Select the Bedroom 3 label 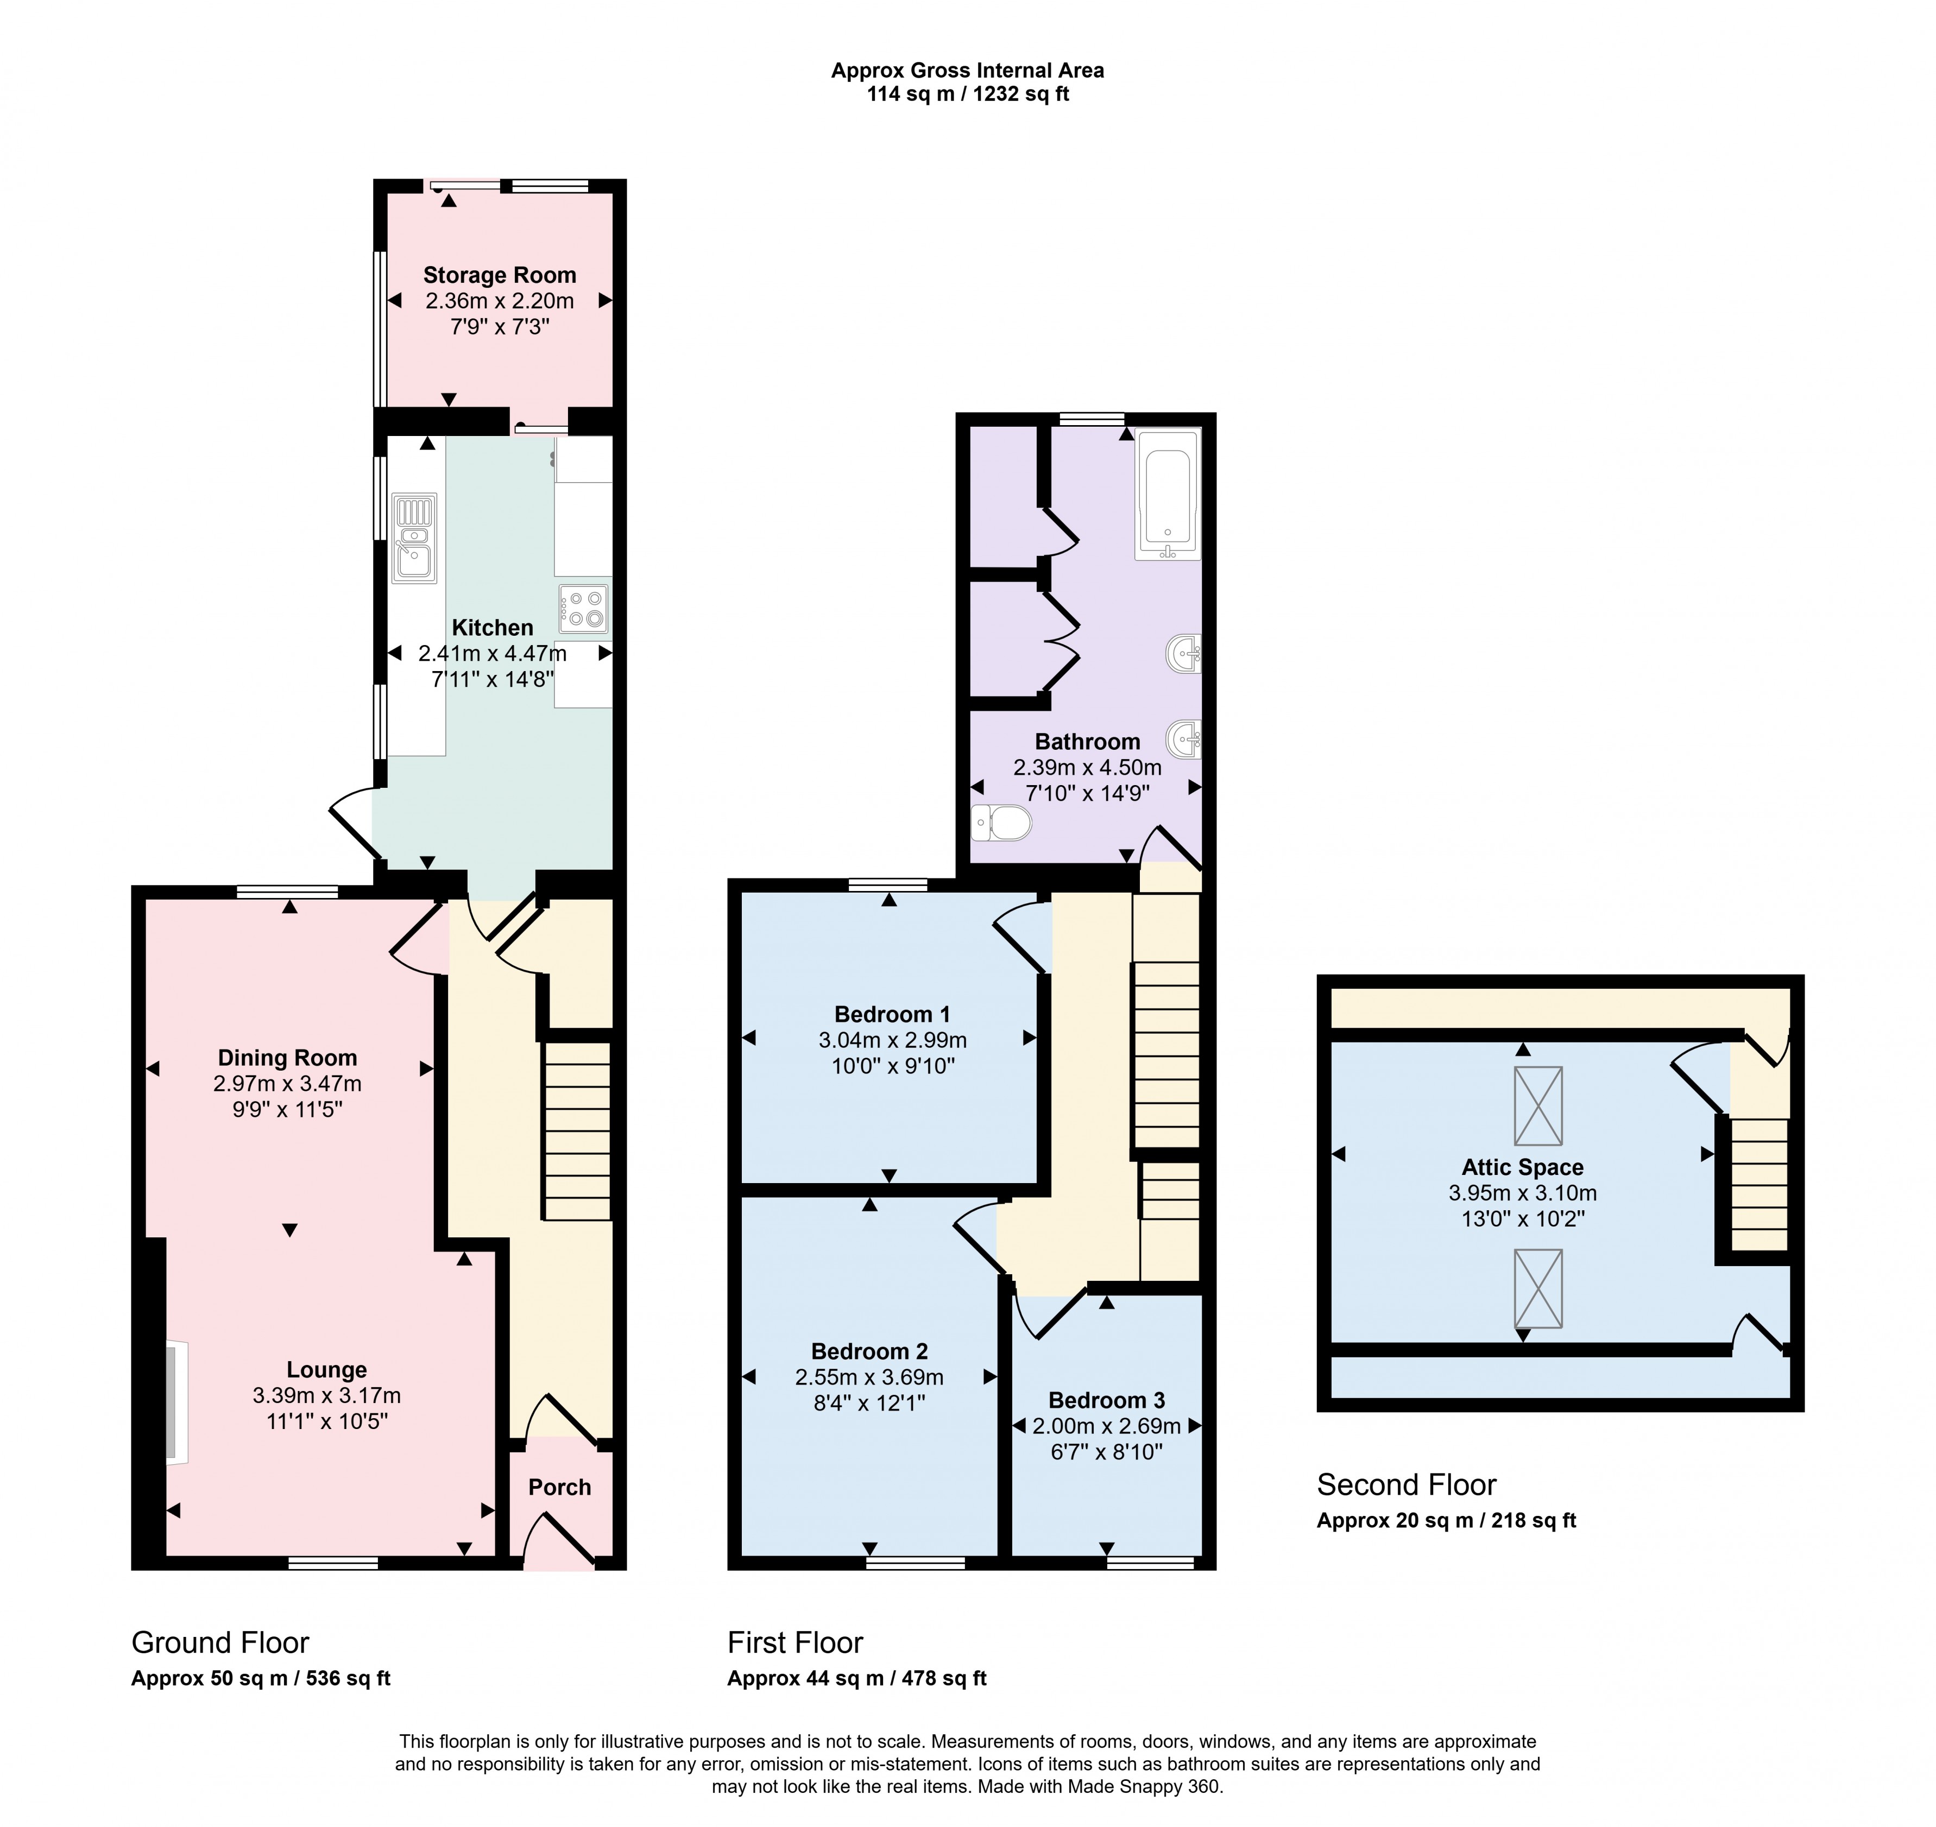tap(1106, 1400)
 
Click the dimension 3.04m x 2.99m tap(892, 1040)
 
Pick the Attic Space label tap(1522, 1167)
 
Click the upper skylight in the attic tap(1538, 1107)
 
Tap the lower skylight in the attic tap(1538, 1288)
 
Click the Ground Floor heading tap(220, 1643)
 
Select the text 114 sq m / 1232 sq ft tap(967, 94)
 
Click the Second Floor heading tap(1405, 1484)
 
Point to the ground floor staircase tap(577, 1130)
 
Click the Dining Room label tap(287, 1058)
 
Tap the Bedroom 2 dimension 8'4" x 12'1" tap(869, 1402)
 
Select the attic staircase tap(1760, 1184)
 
